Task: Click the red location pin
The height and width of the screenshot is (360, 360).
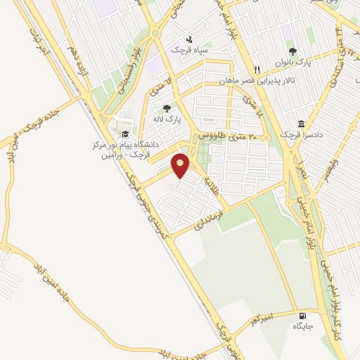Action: pos(181,165)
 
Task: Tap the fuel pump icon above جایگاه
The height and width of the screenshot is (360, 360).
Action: pos(302,316)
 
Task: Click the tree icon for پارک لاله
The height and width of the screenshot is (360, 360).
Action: pos(167,108)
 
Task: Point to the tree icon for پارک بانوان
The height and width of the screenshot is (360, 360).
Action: pos(292,51)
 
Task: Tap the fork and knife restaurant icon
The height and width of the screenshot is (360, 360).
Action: pos(257,70)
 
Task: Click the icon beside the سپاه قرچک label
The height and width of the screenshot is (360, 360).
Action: pos(188,39)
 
